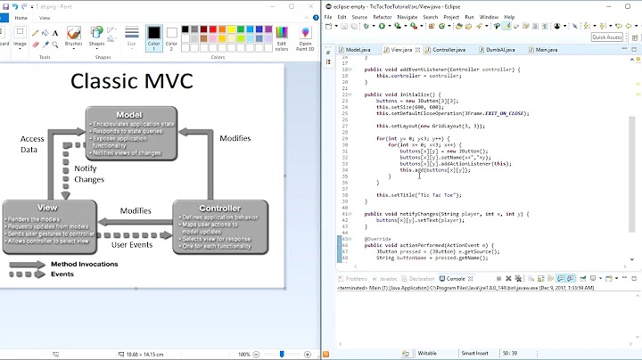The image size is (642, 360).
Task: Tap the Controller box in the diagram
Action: pos(207,225)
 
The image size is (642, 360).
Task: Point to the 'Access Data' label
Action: pos(32,144)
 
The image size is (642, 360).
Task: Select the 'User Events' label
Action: pos(130,244)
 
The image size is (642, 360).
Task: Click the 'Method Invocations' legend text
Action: pos(85,264)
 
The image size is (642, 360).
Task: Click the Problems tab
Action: pos(356,279)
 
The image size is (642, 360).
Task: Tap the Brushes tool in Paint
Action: pos(73,37)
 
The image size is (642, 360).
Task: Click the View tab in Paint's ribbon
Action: pos(43,16)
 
